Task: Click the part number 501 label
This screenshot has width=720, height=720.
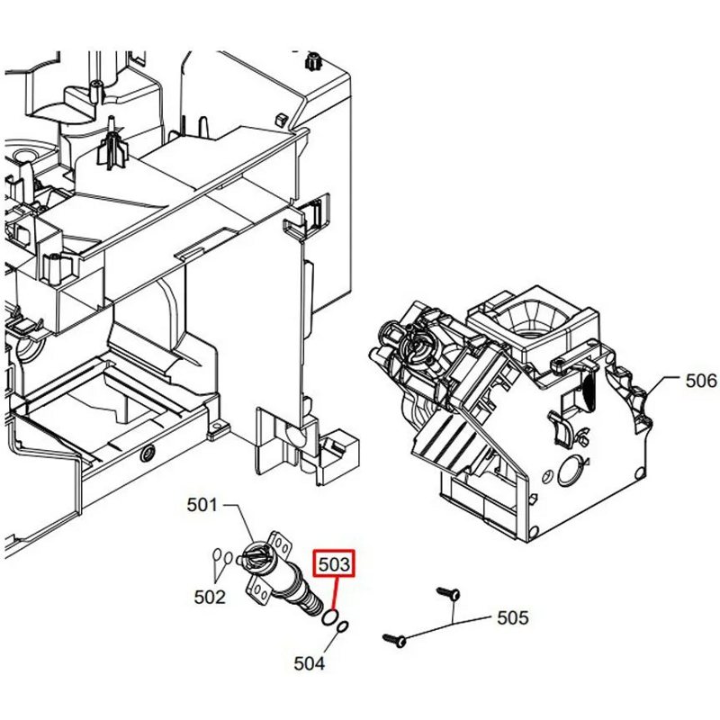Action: (202, 506)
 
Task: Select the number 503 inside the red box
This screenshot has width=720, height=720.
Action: (335, 565)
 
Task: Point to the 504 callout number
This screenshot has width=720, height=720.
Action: (309, 664)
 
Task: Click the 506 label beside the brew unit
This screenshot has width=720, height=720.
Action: (701, 382)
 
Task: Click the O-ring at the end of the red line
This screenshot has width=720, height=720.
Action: (330, 618)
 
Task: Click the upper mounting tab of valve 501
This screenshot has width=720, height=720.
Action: (283, 544)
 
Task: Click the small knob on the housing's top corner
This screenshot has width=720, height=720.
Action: (313, 61)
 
